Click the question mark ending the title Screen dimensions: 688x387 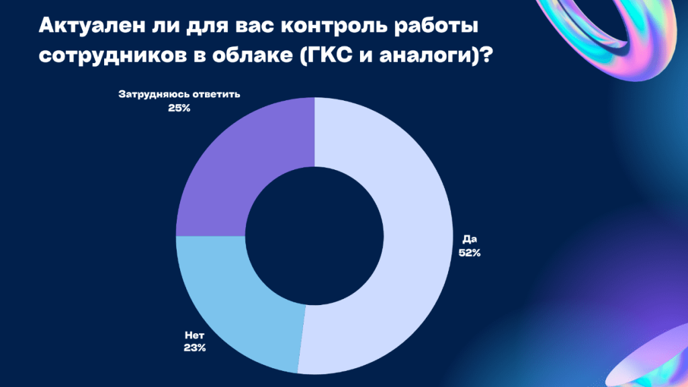pos(485,55)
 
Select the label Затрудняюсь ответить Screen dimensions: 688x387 pos(179,94)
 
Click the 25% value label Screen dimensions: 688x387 pos(179,108)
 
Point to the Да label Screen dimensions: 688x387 pos(470,240)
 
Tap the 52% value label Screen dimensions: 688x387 pos(470,253)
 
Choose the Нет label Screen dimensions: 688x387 pos(194,335)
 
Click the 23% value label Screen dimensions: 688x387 pos(195,348)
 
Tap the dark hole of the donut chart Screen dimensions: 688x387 pos(314,236)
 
